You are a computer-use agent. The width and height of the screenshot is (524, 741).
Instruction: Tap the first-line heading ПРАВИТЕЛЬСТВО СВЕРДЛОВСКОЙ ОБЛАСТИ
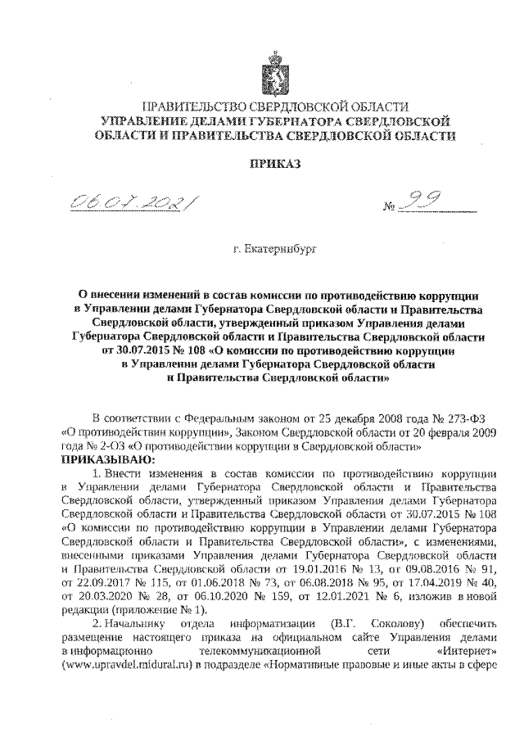click(275, 107)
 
